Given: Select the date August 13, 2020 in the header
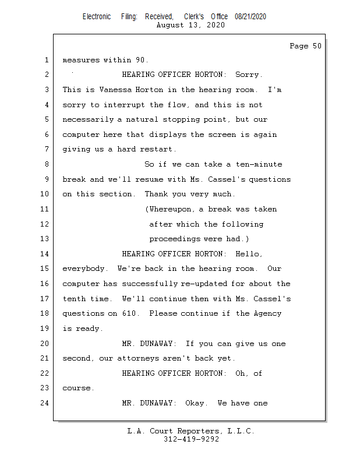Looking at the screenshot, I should (191, 25).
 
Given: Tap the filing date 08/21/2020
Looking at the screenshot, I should (250, 17).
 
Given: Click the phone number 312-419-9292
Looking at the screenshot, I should (191, 439).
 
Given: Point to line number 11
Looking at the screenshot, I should (45, 209).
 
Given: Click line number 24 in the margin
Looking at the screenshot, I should (45, 403).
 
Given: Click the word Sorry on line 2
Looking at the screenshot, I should (249, 75).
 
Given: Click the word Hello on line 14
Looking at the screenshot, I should (249, 254).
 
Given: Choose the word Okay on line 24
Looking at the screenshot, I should (196, 403).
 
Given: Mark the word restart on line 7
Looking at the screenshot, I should (157, 149).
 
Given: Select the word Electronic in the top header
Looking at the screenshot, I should (97, 17).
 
